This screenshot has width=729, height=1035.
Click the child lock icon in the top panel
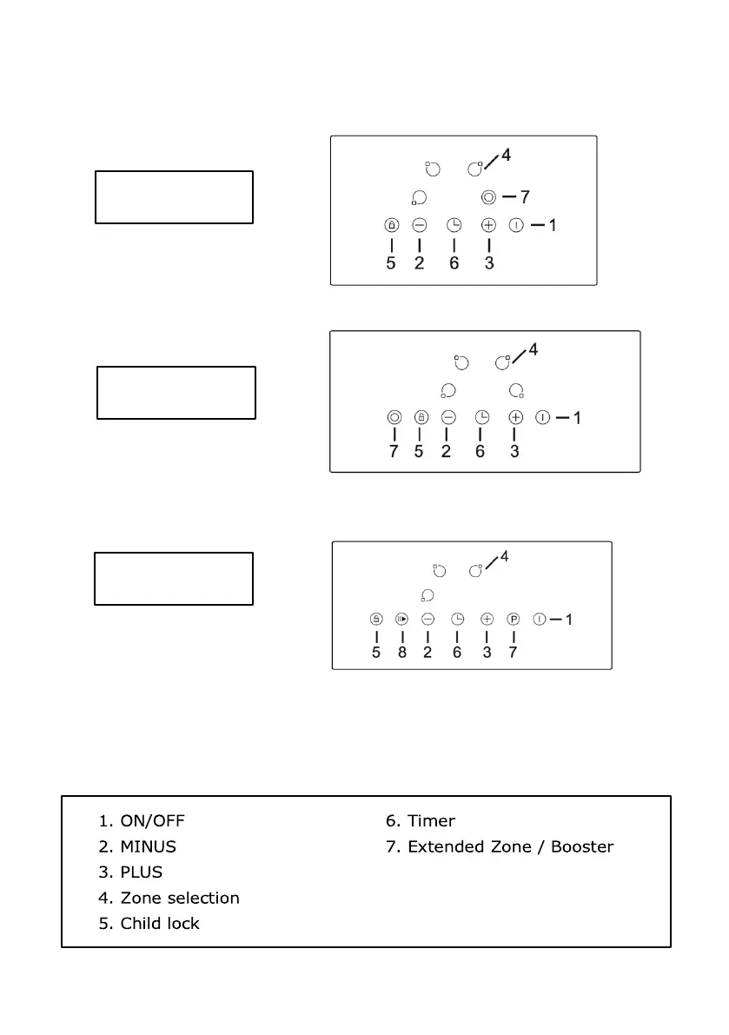391,225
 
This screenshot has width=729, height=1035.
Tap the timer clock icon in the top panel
454,225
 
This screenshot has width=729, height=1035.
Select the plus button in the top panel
488,225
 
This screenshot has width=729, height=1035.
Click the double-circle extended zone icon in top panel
488,197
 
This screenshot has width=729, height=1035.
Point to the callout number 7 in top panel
525,197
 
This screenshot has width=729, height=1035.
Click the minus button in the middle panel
447,417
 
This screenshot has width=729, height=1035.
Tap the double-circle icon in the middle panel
394,417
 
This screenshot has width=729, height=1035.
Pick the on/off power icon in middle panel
543,417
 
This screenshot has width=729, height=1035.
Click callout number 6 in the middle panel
480,451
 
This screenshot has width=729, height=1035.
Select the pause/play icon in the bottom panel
401,620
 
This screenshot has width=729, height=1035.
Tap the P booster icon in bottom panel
514,620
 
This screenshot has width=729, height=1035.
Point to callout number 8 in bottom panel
401,653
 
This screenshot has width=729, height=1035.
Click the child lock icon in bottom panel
375,620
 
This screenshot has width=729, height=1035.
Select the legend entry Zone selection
179,898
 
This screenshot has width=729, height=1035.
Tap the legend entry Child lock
159,923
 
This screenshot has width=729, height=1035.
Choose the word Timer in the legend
431,820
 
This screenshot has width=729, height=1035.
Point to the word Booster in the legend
583,846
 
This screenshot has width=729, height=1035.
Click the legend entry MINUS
148,846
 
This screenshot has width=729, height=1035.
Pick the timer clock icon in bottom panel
457,620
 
